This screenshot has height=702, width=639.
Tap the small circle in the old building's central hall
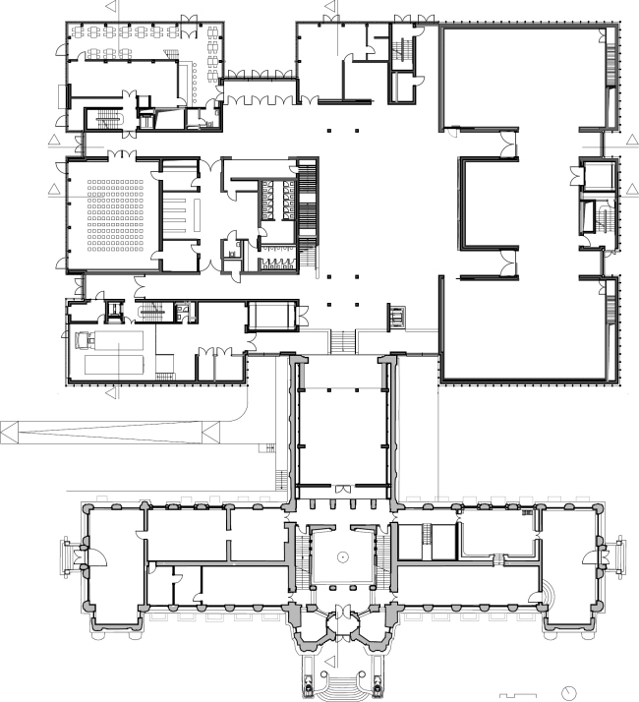pyautogui.click(x=342, y=557)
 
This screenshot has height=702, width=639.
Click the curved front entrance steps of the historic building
pyautogui.click(x=341, y=682)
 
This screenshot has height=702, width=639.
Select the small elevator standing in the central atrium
pyautogui.click(x=398, y=318)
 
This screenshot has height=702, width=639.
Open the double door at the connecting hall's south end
pyautogui.click(x=342, y=488)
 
